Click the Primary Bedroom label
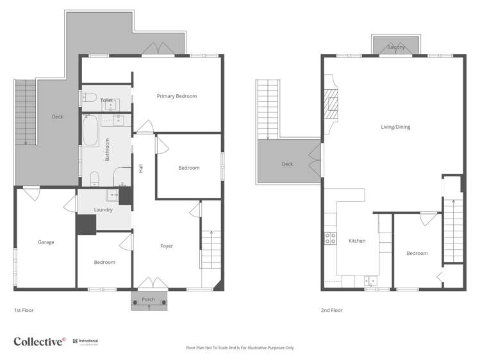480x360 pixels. (177, 96)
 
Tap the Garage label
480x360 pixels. (46, 242)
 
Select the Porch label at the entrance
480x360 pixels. (149, 299)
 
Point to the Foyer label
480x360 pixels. (167, 246)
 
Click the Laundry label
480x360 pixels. (103, 209)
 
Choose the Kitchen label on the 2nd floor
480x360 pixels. (357, 241)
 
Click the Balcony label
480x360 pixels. (395, 47)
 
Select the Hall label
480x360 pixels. (140, 168)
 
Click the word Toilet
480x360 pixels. (106, 100)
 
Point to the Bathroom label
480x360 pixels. (108, 149)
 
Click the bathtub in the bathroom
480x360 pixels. (90, 131)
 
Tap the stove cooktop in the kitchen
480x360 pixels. (331, 238)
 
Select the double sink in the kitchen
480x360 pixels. (370, 280)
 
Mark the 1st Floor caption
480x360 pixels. (24, 310)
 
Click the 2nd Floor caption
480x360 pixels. (332, 310)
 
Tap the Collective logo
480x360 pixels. (39, 341)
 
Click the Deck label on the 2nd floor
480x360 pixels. (287, 164)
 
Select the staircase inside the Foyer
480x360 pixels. (210, 249)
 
